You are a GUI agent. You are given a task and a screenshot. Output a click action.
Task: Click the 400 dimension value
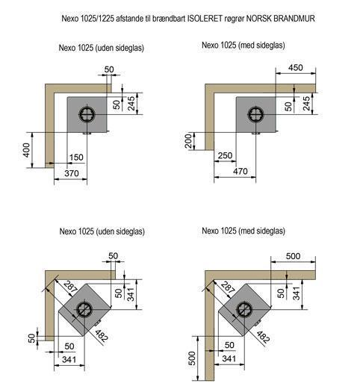click(26, 150)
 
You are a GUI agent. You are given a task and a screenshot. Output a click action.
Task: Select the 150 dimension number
click(76, 158)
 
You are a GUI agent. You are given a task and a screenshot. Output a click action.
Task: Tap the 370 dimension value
click(72, 173)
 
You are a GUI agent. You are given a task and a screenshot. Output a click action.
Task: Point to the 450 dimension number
click(296, 67)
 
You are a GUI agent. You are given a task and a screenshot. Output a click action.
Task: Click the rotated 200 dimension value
click(189, 141)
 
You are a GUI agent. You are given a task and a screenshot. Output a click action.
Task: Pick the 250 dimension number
click(225, 155)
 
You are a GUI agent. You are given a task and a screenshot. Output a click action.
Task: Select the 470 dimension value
click(240, 171)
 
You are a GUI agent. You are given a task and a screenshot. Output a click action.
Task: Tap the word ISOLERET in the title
click(205, 19)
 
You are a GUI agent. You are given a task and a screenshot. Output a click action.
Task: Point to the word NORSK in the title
click(258, 19)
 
